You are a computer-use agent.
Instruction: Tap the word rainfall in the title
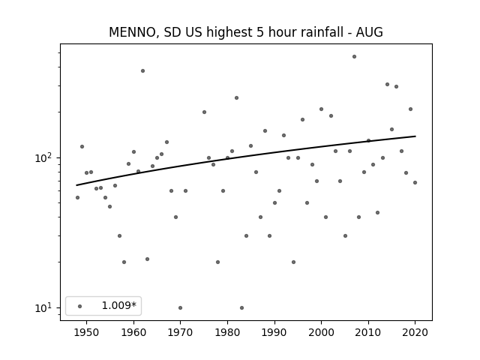(x=326, y=32)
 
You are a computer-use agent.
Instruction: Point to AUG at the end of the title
(x=369, y=32)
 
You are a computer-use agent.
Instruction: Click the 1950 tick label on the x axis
(x=87, y=332)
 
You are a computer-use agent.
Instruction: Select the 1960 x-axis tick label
(x=133, y=332)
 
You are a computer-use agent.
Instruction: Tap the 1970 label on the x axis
(x=181, y=332)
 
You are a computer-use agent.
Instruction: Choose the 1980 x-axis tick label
(x=227, y=332)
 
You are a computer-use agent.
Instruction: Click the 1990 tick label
(x=274, y=332)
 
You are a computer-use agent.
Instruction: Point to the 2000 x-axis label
(x=322, y=332)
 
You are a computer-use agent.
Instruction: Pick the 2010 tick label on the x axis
(x=368, y=332)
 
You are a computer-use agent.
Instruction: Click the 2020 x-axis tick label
(x=415, y=332)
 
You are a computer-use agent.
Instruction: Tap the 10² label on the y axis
(x=45, y=157)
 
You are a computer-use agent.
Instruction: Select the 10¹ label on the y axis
(x=45, y=307)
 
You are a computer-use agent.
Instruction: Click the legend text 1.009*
(x=118, y=305)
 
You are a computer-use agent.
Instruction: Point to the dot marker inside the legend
(x=80, y=306)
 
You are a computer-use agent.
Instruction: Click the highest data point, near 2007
(x=354, y=57)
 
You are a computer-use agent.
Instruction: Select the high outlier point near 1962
(x=142, y=70)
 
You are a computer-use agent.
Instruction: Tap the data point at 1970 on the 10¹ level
(x=180, y=307)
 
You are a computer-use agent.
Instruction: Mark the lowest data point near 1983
(x=241, y=307)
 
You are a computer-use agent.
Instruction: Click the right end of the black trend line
(x=415, y=136)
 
